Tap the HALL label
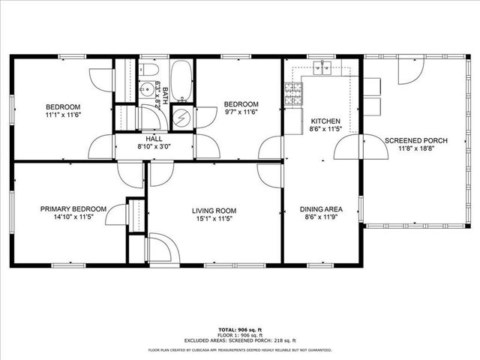click(x=154, y=139)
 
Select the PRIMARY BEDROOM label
click(x=73, y=209)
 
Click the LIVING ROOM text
click(x=214, y=211)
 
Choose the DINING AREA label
click(x=321, y=209)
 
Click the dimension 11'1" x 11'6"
click(x=62, y=115)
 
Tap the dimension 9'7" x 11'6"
click(x=241, y=112)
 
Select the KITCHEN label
click(x=325, y=121)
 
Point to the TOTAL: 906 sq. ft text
click(x=240, y=330)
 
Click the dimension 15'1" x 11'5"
click(x=214, y=220)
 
